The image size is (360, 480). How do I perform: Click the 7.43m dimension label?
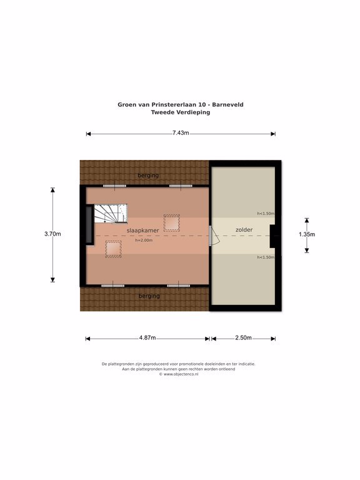pos(181,133)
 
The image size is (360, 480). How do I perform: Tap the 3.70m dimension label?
pos(52,234)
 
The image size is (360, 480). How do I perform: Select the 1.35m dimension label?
pos(307,234)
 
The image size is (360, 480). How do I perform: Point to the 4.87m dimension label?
pos(147,338)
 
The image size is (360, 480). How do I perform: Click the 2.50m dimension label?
pos(243,337)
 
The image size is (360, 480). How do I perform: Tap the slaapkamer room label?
pos(142,231)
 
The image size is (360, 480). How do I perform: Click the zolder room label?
pos(244,229)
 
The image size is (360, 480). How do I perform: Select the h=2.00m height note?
pos(144,240)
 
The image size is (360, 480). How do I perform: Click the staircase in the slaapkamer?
pos(111,214)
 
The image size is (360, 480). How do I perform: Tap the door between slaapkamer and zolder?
pos(214,236)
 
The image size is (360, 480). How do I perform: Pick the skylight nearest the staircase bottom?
pos(113,249)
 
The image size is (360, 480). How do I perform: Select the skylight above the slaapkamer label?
pos(171,223)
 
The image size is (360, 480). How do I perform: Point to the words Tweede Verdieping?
pos(181,112)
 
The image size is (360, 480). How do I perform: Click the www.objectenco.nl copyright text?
pos(179,374)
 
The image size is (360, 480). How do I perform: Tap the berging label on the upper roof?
pos(148,176)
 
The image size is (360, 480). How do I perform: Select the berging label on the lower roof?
pos(149,296)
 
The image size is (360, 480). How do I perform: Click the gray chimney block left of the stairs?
pos(89,225)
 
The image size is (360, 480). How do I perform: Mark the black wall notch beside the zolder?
pos(272,236)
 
